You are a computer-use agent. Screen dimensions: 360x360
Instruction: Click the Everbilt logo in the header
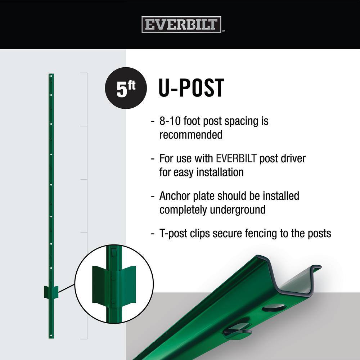tap(181, 24)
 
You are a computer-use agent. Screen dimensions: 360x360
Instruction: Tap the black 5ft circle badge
tap(126, 88)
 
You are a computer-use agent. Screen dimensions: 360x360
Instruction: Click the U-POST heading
tap(191, 88)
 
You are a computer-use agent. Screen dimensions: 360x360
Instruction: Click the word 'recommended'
tap(191, 135)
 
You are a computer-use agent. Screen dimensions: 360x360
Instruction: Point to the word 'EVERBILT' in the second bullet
tap(236, 158)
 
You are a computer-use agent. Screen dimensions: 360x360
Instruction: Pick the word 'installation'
tap(220, 172)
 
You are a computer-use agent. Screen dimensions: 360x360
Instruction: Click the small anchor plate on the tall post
tap(51, 292)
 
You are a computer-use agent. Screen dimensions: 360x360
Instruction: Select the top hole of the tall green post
tap(51, 76)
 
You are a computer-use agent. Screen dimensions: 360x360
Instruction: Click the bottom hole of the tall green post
tap(51, 336)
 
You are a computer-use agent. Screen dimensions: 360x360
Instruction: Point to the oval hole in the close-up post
tap(274, 308)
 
